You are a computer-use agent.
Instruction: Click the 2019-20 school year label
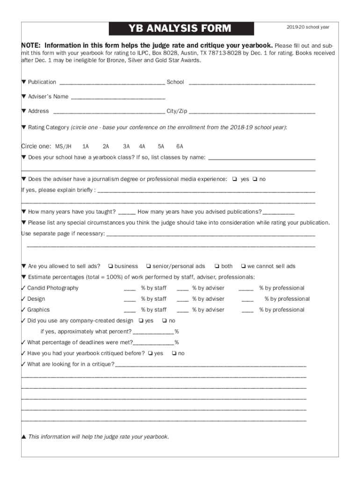click(308, 27)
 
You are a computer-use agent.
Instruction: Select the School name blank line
click(252, 83)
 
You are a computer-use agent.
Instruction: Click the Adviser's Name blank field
click(118, 97)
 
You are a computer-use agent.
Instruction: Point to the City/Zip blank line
click(252, 112)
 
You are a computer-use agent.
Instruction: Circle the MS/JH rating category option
click(63, 146)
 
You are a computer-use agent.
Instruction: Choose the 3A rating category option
click(126, 146)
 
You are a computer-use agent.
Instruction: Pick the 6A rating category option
click(180, 146)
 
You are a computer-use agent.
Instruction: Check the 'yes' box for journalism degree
click(234, 179)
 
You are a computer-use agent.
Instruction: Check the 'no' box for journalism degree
click(255, 179)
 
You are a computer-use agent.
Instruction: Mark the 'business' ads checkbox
click(111, 266)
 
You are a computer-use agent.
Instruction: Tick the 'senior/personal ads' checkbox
click(148, 266)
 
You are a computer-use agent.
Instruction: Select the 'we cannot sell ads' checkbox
click(243, 266)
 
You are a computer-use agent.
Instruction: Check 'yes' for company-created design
click(141, 320)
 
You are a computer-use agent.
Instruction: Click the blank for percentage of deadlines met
click(153, 343)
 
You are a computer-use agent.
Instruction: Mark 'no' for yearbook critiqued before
click(174, 353)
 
